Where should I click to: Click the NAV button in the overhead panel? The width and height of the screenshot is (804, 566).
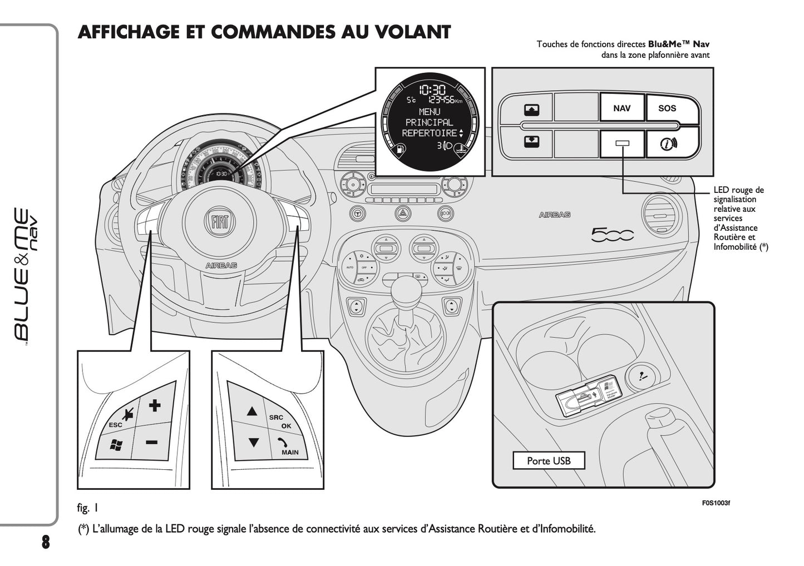pyautogui.click(x=622, y=108)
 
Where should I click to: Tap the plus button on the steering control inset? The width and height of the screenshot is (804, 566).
pyautogui.click(x=155, y=405)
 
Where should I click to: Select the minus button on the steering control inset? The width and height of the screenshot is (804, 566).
pyautogui.click(x=151, y=442)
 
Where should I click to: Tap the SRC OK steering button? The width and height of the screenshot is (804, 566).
pyautogui.click(x=280, y=421)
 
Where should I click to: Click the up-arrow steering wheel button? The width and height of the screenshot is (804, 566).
pyautogui.click(x=252, y=411)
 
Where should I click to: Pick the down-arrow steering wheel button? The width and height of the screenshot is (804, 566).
pyautogui.click(x=254, y=443)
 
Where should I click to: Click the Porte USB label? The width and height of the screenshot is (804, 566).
pyautogui.click(x=549, y=461)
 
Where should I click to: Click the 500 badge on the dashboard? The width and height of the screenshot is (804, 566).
pyautogui.click(x=612, y=235)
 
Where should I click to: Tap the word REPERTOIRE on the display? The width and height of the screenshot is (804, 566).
pyautogui.click(x=429, y=133)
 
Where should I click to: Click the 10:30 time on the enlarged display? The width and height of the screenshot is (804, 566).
pyautogui.click(x=432, y=90)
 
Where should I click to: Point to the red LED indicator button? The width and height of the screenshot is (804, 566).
pyautogui.click(x=622, y=144)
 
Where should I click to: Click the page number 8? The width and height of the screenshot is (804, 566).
pyautogui.click(x=45, y=542)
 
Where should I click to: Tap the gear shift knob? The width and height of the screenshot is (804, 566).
pyautogui.click(x=407, y=289)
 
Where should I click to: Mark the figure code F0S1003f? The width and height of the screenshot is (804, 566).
pyautogui.click(x=716, y=503)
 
